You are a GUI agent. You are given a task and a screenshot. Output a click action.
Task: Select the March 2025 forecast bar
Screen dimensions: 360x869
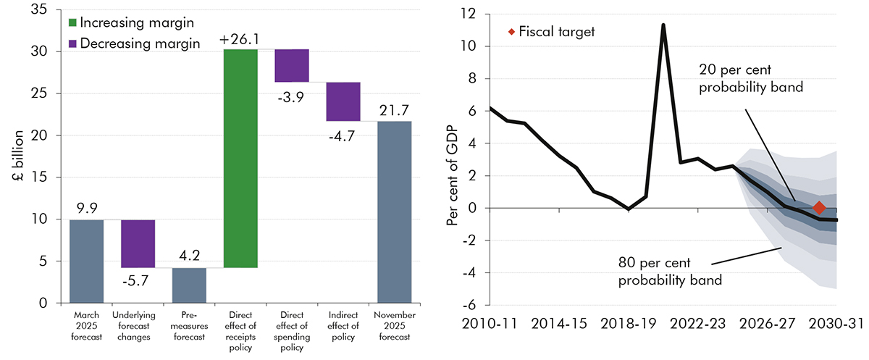click(x=87, y=261)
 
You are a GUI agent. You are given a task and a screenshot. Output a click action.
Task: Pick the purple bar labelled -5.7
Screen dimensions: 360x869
click(x=138, y=243)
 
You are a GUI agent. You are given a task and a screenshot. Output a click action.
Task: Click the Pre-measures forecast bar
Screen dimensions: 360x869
click(x=189, y=285)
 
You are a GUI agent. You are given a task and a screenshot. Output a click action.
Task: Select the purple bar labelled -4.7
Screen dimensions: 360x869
click(x=343, y=101)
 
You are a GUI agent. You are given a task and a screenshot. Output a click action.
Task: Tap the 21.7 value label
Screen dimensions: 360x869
click(x=395, y=110)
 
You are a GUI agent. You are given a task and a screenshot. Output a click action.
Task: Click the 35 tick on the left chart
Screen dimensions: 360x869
click(x=43, y=9)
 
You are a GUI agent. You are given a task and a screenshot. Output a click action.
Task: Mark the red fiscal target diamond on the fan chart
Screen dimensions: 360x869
click(x=819, y=208)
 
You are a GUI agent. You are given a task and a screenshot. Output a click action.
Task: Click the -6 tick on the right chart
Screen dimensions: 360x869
click(x=472, y=305)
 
